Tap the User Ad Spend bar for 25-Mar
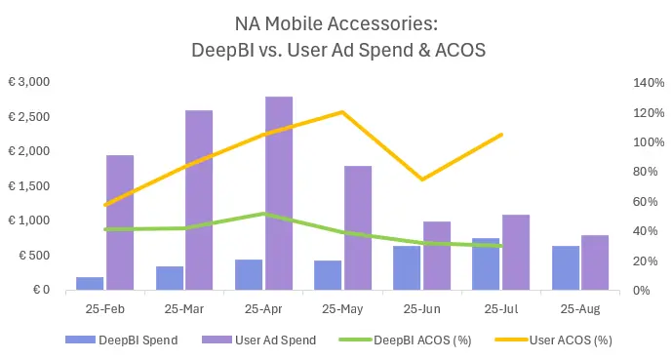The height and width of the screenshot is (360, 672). (x=199, y=200)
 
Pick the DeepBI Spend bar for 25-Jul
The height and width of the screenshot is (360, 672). (x=486, y=264)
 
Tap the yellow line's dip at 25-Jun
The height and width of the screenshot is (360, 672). (x=421, y=180)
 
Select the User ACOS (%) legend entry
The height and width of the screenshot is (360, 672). (x=569, y=340)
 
